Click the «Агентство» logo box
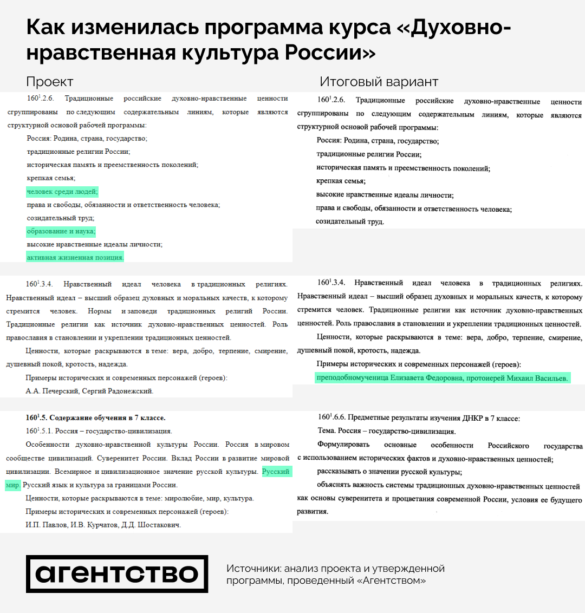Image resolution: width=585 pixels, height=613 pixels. tap(117, 574)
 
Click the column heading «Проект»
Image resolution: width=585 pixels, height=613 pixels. tap(50, 82)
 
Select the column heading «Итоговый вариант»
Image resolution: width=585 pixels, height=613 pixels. tap(379, 82)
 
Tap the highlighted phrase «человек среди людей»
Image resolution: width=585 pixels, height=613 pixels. tap(62, 192)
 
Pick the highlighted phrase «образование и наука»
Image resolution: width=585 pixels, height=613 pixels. tap(61, 231)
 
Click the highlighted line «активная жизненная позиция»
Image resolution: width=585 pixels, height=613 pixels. tap(75, 258)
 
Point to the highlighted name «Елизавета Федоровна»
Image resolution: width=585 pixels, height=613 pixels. tap(427, 378)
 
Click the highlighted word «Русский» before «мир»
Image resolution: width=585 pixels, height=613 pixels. tap(276, 472)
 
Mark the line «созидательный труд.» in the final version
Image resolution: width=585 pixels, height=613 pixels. tap(350, 221)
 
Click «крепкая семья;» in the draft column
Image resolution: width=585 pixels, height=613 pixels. tap(51, 178)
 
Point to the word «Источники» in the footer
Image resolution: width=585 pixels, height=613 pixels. tap(252, 569)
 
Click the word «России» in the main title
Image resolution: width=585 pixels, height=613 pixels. tap(330, 53)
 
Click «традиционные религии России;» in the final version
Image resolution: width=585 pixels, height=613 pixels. tap(369, 154)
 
